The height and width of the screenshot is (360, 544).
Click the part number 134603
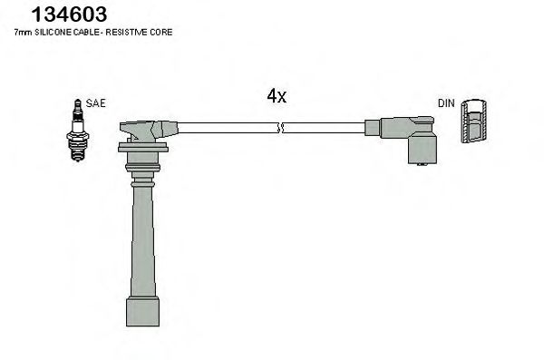(x=69, y=15)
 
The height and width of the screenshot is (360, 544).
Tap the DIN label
(x=446, y=103)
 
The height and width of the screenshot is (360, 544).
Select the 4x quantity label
(x=277, y=97)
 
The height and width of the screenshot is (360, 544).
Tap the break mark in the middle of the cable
(x=282, y=128)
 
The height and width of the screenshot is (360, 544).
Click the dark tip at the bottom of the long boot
(x=143, y=311)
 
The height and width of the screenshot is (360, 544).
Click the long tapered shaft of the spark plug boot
(x=142, y=236)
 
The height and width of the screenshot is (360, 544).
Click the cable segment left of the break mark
(x=227, y=128)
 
